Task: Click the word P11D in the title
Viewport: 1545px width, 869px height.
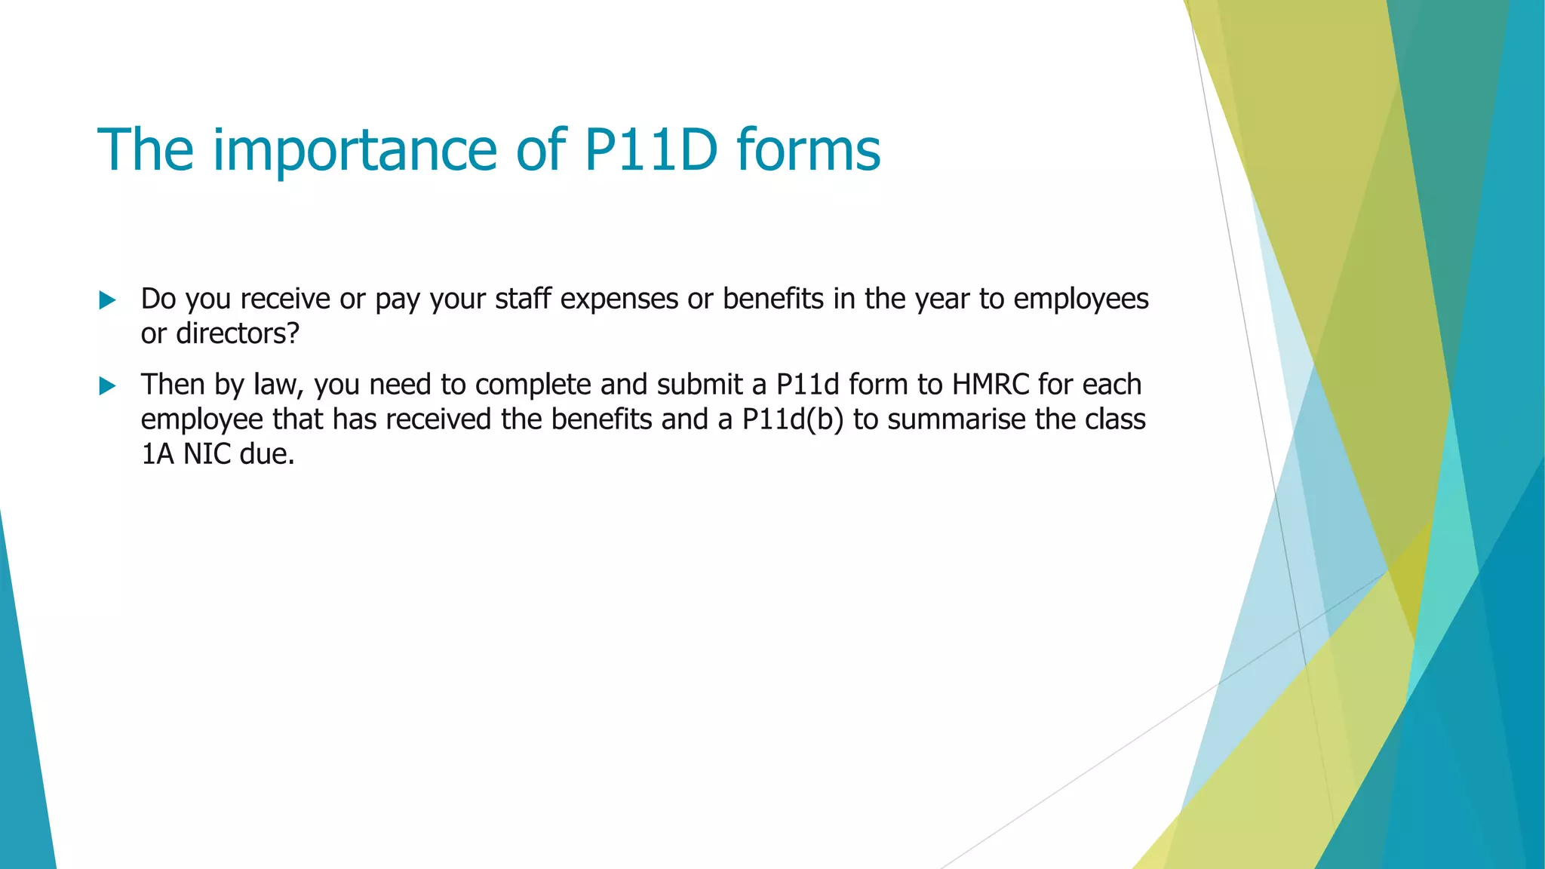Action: tap(650, 149)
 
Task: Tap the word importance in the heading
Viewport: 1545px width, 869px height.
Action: tap(355, 151)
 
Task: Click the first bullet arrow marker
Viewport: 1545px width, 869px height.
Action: tap(107, 300)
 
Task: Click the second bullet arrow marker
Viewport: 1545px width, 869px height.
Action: tap(107, 386)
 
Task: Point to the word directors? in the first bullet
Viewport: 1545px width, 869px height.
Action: tap(238, 333)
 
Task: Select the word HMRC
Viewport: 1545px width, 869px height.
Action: tap(991, 385)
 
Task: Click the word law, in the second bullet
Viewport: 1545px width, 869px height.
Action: tap(279, 385)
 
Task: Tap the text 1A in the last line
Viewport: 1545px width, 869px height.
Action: tap(158, 454)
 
